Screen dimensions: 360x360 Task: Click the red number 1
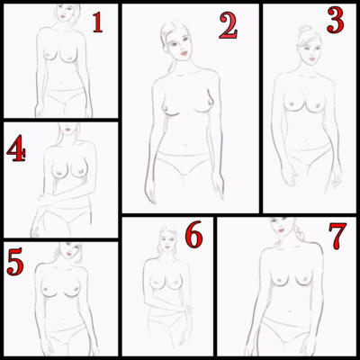click(97, 22)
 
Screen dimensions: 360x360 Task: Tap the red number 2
click(228, 26)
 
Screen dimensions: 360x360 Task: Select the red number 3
click(336, 21)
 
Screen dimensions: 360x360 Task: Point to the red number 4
click(16, 148)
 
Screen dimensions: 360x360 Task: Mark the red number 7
click(337, 236)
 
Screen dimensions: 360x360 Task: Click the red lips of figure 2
click(184, 53)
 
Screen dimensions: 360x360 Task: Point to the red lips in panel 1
click(63, 16)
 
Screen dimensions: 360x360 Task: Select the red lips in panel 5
click(70, 254)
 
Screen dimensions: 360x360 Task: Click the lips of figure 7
click(282, 230)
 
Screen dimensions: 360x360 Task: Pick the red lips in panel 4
click(68, 130)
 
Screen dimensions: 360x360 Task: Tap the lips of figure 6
click(167, 247)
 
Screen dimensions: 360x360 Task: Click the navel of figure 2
click(184, 146)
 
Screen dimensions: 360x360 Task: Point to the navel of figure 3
click(306, 139)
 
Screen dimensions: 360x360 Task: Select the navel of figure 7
click(290, 312)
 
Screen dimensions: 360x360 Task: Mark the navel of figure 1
click(61, 81)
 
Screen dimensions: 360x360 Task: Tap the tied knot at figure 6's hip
click(188, 309)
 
